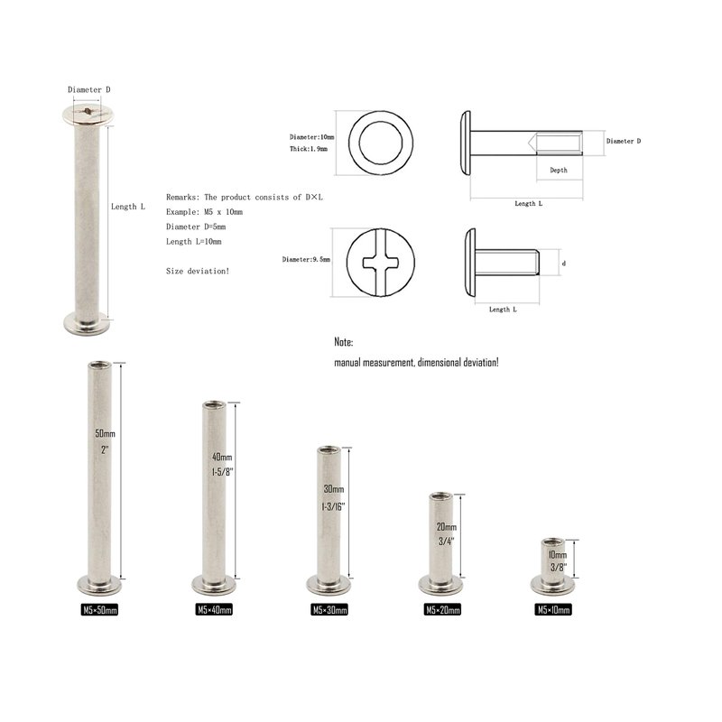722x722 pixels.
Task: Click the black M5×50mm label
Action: pyautogui.click(x=99, y=610)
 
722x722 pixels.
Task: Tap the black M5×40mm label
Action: pyautogui.click(x=214, y=610)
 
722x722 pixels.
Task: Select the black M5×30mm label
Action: pyautogui.click(x=329, y=610)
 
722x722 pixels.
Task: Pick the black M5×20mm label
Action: pyautogui.click(x=442, y=610)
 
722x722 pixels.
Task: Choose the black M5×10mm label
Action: pyautogui.click(x=553, y=610)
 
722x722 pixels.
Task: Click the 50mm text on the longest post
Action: pyautogui.click(x=105, y=434)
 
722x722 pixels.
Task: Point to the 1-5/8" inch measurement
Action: pyautogui.click(x=223, y=472)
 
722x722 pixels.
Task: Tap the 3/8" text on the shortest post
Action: pyautogui.click(x=559, y=568)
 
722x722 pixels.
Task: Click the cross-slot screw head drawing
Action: pyautogui.click(x=380, y=263)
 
